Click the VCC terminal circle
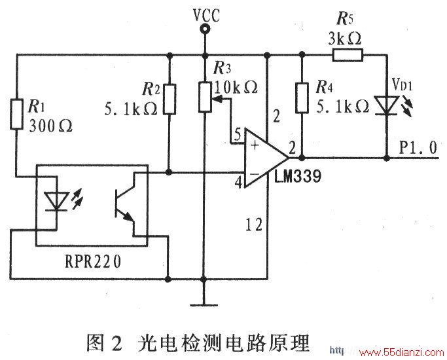[204, 29]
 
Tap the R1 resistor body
[16, 114]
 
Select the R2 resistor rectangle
[170, 99]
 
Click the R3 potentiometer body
[205, 97]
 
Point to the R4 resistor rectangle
[302, 98]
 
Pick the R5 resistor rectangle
[348, 55]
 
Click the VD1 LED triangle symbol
[387, 105]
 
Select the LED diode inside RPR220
[57, 202]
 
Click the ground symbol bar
[204, 305]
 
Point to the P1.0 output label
[418, 148]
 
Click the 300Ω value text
[50, 126]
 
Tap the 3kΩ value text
[345, 39]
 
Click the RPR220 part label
[93, 261]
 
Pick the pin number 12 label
[253, 225]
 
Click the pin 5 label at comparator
[237, 134]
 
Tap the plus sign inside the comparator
[255, 145]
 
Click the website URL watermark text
[387, 352]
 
